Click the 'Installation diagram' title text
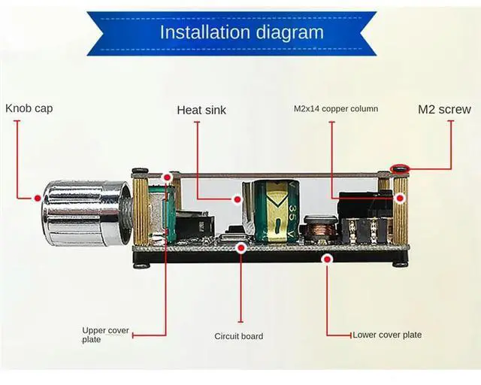coord(241,32)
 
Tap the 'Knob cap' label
coord(29,108)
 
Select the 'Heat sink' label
coord(201,110)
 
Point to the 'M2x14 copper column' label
coord(335,109)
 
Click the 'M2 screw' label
coord(444,110)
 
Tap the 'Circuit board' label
coord(239,336)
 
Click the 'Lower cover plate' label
coord(387,335)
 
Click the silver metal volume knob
coord(83,213)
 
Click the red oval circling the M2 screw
coord(399,168)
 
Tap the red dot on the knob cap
coord(38,198)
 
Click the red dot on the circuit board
coord(241,247)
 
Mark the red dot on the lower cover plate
coord(327,259)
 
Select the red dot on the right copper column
coord(400,198)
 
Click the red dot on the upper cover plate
coord(167,177)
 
